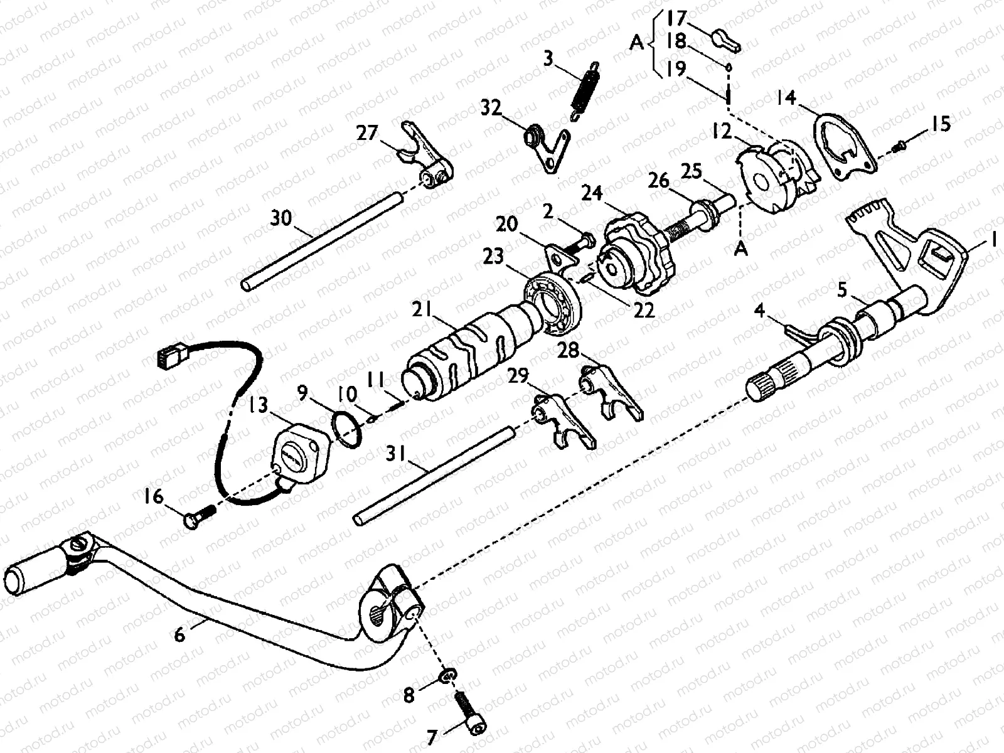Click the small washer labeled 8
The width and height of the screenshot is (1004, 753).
[x=447, y=675]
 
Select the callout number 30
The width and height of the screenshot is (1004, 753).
[x=281, y=219]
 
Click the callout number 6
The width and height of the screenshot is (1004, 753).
[x=180, y=635]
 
